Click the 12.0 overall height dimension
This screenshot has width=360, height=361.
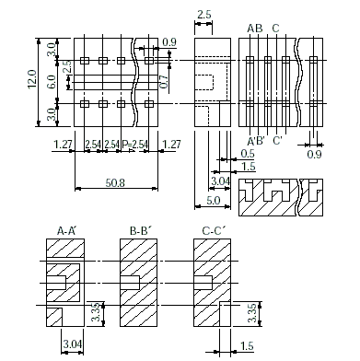[x=32, y=79]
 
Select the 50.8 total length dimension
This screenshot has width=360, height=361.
[x=115, y=183]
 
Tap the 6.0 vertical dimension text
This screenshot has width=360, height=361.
[x=52, y=82]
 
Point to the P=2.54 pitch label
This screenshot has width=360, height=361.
[x=135, y=145]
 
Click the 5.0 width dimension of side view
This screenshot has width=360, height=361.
[x=213, y=201]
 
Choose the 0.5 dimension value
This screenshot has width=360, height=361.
[x=248, y=154]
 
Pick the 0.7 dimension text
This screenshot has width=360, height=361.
[x=164, y=82]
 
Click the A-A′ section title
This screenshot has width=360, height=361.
[x=66, y=231]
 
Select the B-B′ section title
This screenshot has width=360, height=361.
[x=141, y=231]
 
